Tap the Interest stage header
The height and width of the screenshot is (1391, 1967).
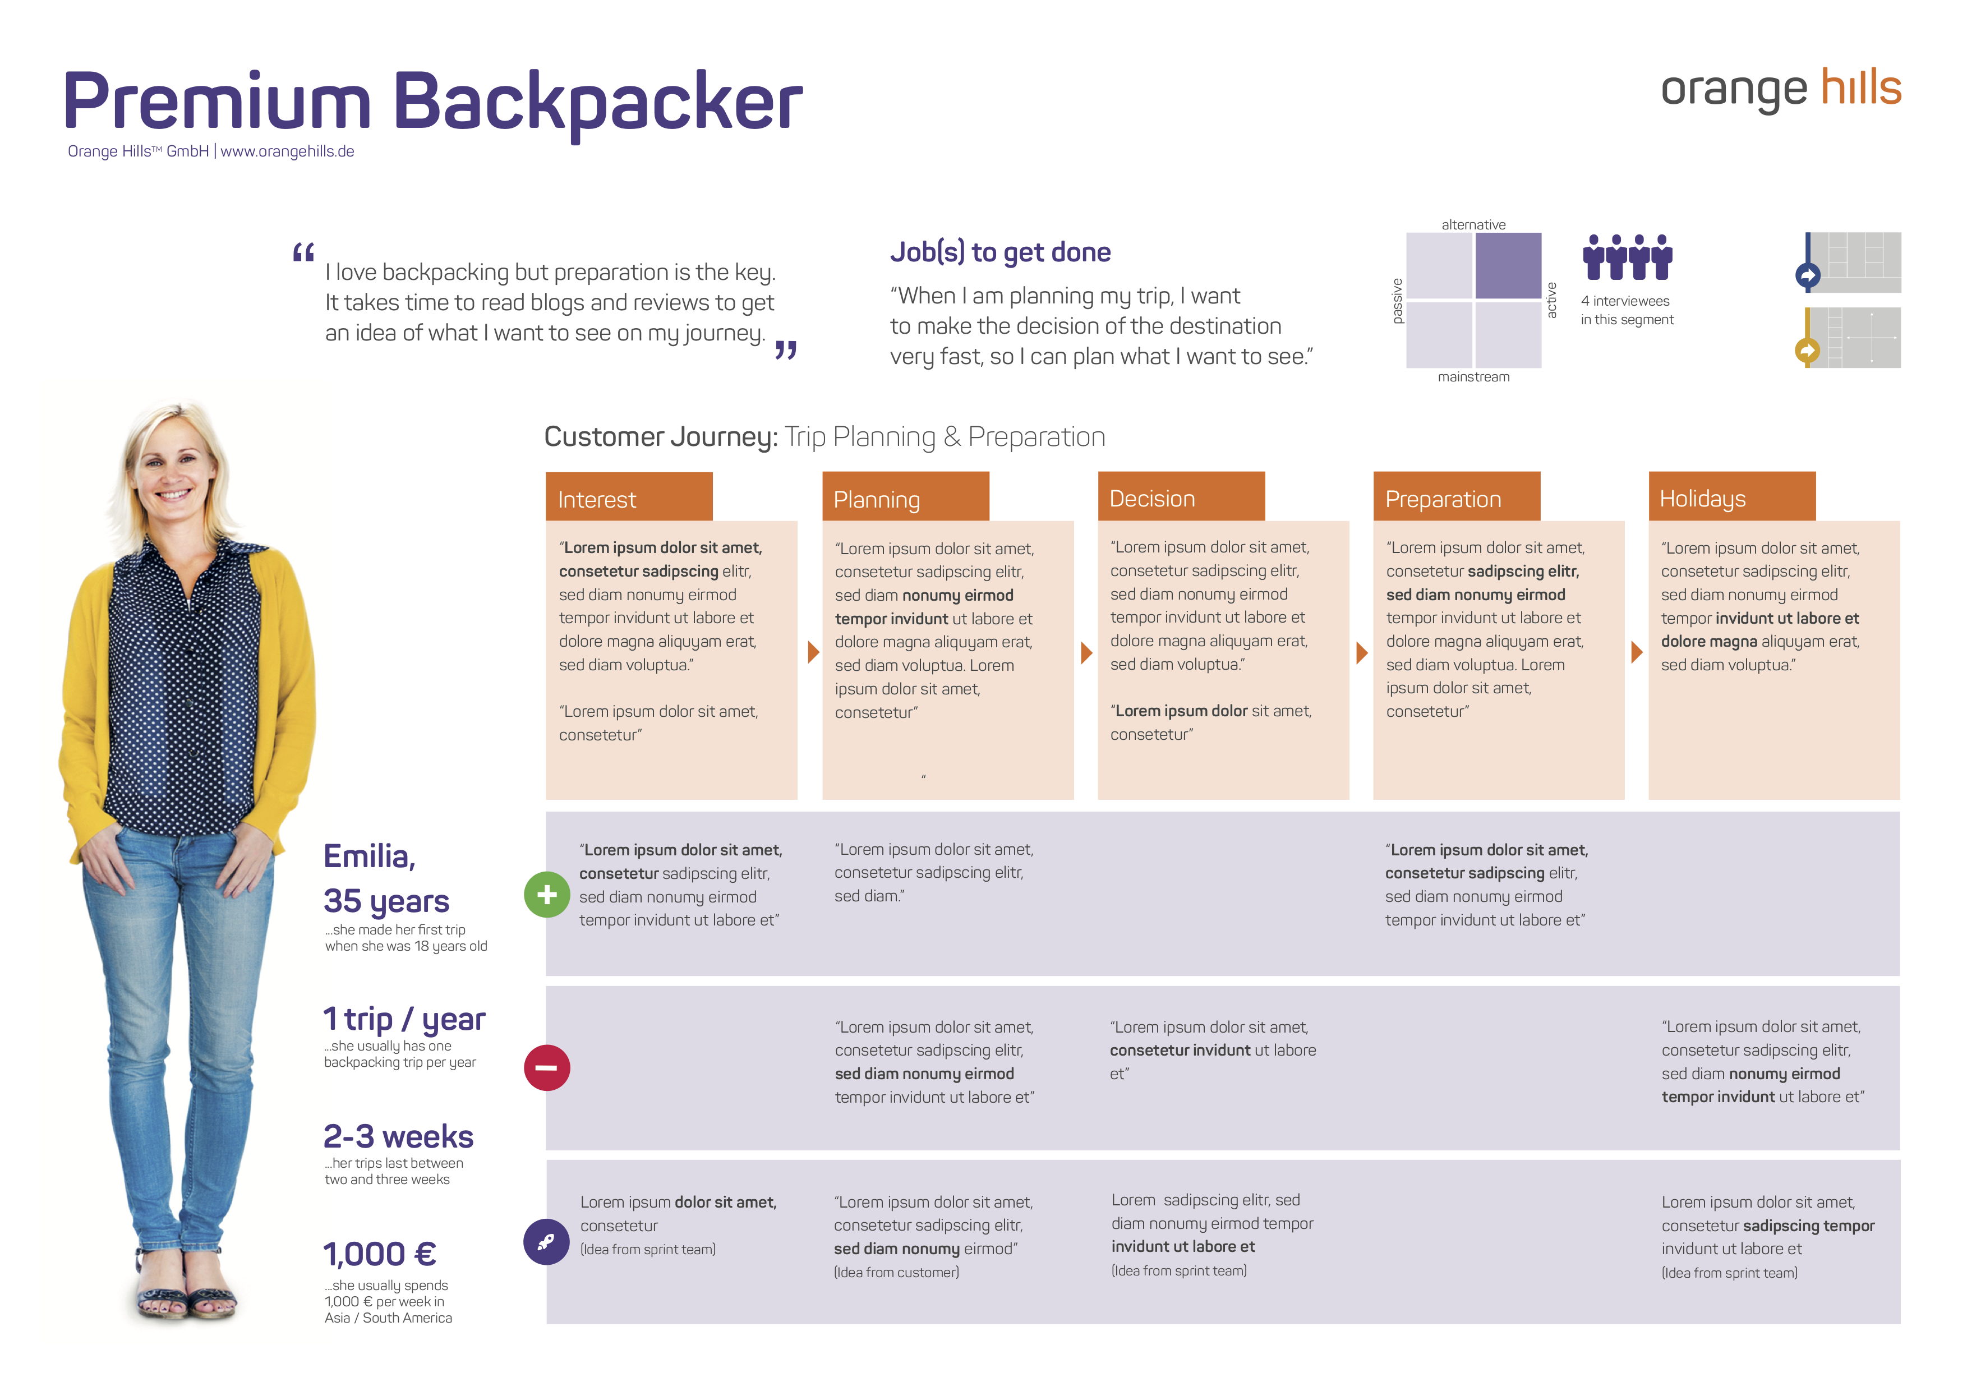click(x=629, y=497)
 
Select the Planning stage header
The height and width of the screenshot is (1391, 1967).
click(x=906, y=497)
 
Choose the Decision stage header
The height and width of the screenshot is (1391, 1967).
click(x=1181, y=497)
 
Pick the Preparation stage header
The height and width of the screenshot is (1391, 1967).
click(x=1457, y=497)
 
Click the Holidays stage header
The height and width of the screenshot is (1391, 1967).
click(x=1732, y=497)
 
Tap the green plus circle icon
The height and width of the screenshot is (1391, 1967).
click(x=547, y=895)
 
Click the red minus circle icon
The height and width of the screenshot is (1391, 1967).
click(x=547, y=1068)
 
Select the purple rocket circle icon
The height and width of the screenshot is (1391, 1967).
click(x=547, y=1242)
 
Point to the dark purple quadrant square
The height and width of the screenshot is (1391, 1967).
click(x=1508, y=265)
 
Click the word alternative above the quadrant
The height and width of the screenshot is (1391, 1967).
click(x=1473, y=224)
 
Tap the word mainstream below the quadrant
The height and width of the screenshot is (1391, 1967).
click(x=1473, y=377)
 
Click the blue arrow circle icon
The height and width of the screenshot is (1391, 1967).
click(x=1808, y=276)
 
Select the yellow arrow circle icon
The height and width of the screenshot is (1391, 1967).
click(x=1808, y=351)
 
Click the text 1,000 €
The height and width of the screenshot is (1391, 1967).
click(x=380, y=1255)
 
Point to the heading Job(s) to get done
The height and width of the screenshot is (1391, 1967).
click(x=1000, y=252)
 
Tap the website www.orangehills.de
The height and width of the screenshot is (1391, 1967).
click(x=287, y=151)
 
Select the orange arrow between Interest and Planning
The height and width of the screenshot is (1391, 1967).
click(x=813, y=652)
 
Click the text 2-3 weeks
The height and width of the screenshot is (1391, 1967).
click(x=398, y=1136)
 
